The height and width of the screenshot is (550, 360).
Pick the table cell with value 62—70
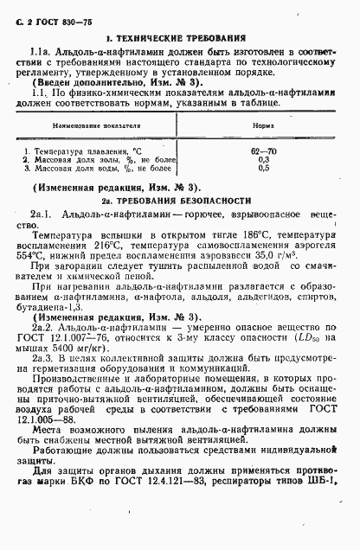pos(263,151)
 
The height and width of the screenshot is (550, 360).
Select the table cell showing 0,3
pos(264,160)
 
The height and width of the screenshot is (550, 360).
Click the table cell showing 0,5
pos(264,169)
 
